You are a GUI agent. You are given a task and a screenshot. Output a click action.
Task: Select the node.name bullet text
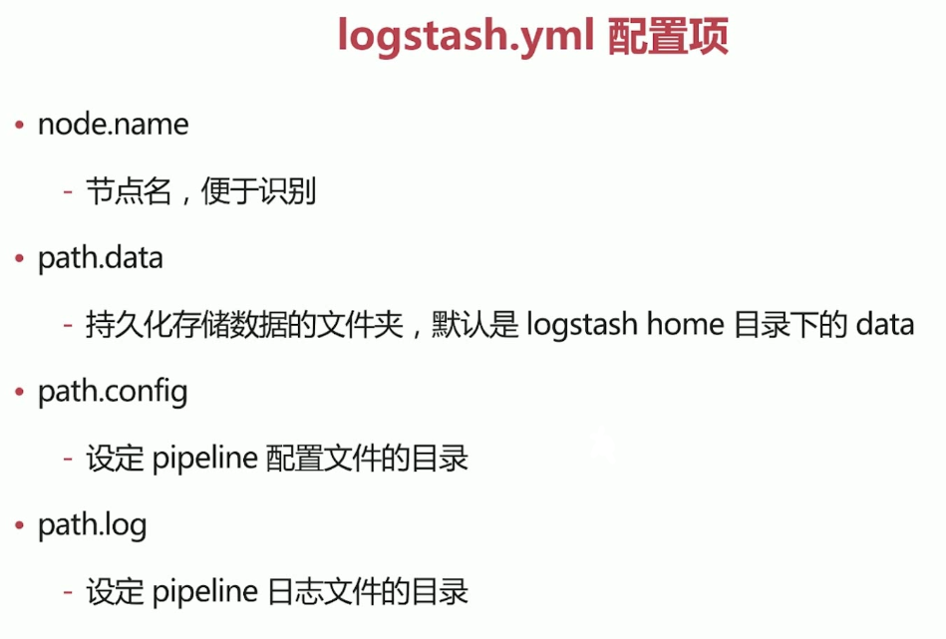113,125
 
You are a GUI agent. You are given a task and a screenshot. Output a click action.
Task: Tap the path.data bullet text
100,258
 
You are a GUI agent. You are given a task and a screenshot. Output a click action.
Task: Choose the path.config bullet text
113,392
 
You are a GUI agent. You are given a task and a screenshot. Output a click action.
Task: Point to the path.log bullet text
92,525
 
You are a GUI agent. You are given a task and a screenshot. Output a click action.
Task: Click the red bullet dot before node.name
19,126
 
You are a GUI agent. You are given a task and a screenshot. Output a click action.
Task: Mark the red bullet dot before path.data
19,259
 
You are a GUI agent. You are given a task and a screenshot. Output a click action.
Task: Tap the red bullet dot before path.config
19,393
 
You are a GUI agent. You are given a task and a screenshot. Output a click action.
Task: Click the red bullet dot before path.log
19,526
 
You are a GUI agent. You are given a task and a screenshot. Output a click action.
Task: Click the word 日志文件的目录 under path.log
368,592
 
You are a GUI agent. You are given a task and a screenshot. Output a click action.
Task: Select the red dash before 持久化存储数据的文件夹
68,326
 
